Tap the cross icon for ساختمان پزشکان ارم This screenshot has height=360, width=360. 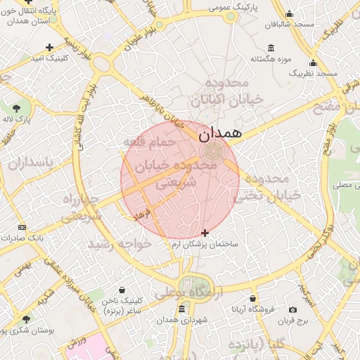coord(205,233)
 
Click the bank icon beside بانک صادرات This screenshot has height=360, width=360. coord(22,227)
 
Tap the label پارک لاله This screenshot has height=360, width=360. coord(16,119)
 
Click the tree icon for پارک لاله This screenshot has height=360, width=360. coord(16,108)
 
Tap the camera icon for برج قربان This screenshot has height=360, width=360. coord(292,309)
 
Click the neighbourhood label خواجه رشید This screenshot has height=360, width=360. coord(109,244)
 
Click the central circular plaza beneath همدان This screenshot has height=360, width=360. coord(212,150)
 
